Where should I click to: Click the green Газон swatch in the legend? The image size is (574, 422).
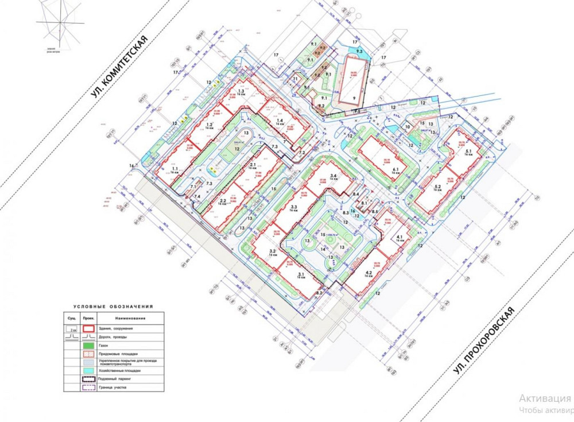click(88, 346)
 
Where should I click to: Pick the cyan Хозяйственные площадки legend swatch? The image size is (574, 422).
click(88, 370)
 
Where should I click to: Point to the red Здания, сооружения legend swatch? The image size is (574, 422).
click(88, 328)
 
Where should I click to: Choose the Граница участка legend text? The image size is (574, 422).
click(113, 388)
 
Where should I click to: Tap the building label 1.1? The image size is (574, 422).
click(174, 169)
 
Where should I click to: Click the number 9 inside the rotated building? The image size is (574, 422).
click(354, 98)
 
